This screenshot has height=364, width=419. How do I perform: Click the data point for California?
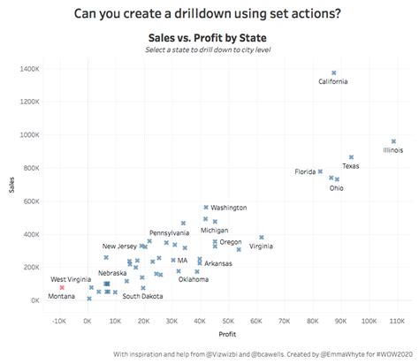click(x=333, y=73)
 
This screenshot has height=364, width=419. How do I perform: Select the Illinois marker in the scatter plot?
click(x=393, y=141)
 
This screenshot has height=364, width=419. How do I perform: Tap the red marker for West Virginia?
click(x=62, y=287)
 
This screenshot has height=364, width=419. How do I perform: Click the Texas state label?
click(x=351, y=165)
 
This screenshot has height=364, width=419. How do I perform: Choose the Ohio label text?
click(x=337, y=187)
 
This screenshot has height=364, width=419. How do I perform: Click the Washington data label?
click(x=228, y=208)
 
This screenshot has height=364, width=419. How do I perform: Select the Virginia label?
click(x=261, y=246)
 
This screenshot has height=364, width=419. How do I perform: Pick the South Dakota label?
click(x=142, y=297)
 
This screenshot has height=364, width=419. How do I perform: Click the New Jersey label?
click(x=119, y=246)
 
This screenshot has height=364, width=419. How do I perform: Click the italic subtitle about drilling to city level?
click(x=209, y=49)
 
